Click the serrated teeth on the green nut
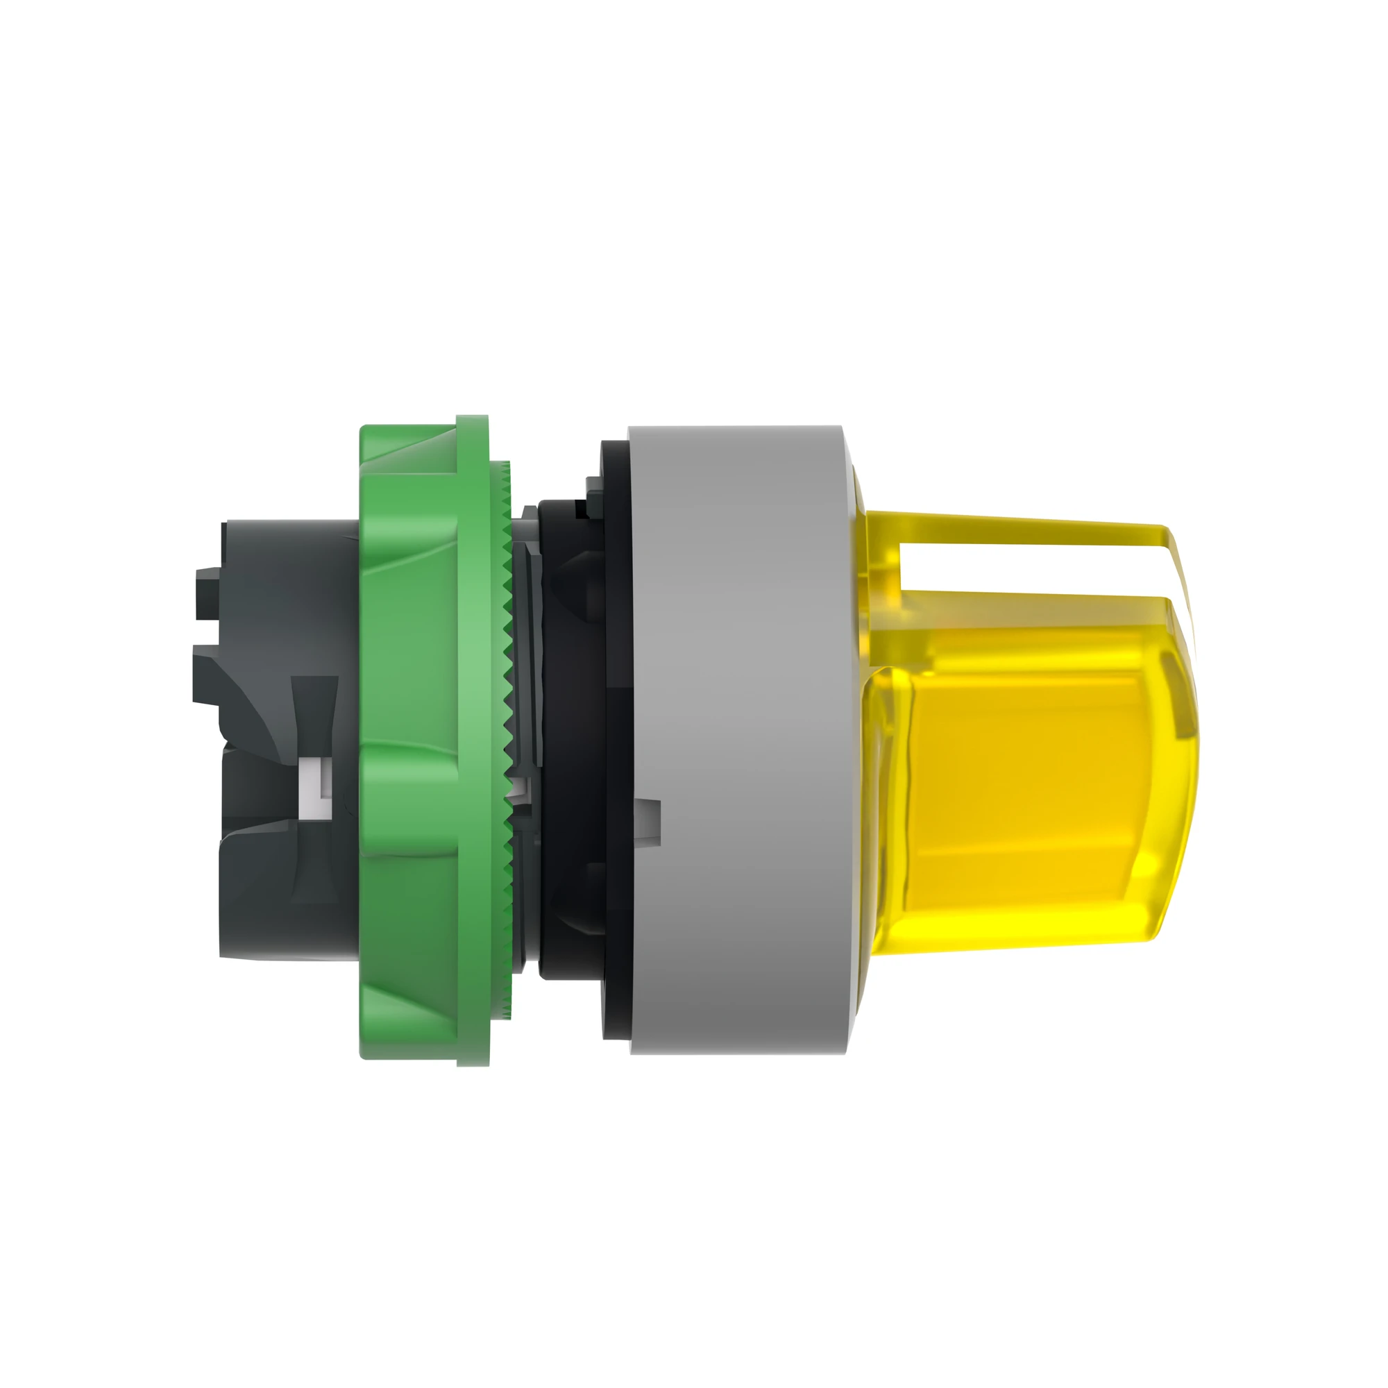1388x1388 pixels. [509, 718]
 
